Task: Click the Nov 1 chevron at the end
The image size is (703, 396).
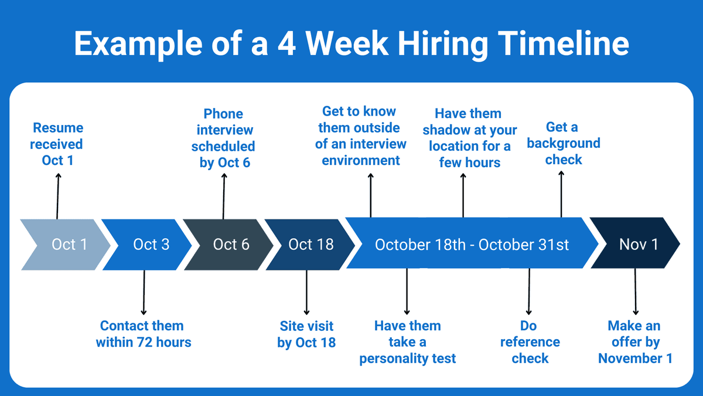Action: pyautogui.click(x=636, y=244)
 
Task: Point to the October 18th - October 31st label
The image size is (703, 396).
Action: pyautogui.click(x=472, y=244)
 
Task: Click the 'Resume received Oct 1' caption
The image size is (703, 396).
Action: pyautogui.click(x=57, y=144)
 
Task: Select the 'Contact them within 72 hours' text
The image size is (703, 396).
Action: pyautogui.click(x=144, y=334)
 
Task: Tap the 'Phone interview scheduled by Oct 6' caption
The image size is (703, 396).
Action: pyautogui.click(x=224, y=138)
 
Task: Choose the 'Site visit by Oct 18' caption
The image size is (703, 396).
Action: pyautogui.click(x=306, y=334)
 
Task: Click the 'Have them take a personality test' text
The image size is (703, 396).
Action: pyautogui.click(x=407, y=342)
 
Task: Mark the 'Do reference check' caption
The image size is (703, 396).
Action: pyautogui.click(x=529, y=342)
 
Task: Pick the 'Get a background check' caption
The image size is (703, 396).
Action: pyautogui.click(x=563, y=143)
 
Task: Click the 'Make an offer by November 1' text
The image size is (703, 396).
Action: pyautogui.click(x=635, y=342)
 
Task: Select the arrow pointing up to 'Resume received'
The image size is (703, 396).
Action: pyautogui.click(x=57, y=196)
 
